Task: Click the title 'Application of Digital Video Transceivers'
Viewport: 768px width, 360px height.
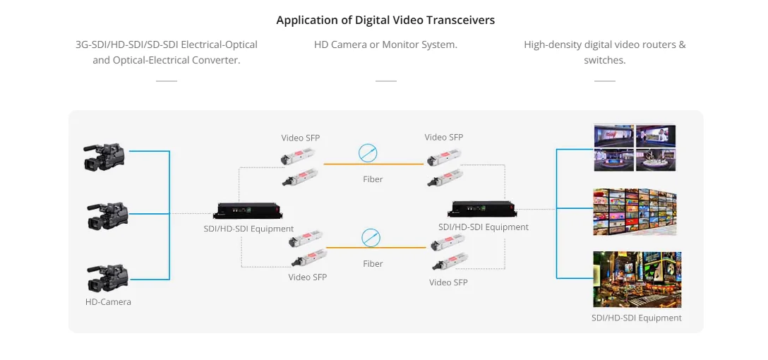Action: click(x=385, y=20)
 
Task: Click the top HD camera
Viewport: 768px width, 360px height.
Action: click(x=104, y=156)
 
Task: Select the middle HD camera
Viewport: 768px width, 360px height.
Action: click(x=107, y=215)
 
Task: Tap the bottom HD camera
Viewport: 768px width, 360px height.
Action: click(x=107, y=277)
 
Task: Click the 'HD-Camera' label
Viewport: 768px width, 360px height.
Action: click(x=108, y=302)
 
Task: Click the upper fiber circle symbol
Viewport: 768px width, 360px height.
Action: click(x=368, y=152)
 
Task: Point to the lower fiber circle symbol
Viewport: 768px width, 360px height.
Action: click(x=371, y=237)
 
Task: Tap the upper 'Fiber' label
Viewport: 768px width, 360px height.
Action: click(x=373, y=179)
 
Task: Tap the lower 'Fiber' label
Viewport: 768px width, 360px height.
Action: click(x=373, y=264)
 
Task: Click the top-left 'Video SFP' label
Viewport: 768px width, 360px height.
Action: click(x=301, y=138)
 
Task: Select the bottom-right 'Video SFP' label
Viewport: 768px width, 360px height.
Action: click(x=448, y=282)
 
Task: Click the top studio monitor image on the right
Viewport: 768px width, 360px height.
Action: click(x=634, y=148)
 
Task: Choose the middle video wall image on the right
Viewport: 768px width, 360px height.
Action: click(x=634, y=211)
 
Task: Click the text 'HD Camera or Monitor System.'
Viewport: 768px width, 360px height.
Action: click(x=385, y=44)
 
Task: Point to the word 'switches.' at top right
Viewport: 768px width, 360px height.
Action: click(x=604, y=61)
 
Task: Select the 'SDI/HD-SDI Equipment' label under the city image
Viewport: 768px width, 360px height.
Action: click(x=636, y=318)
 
